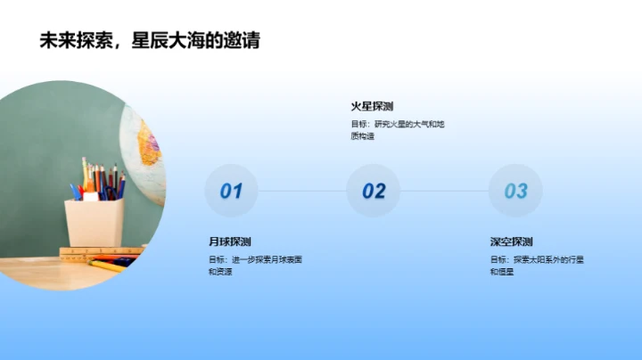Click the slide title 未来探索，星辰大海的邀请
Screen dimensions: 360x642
[x=150, y=40]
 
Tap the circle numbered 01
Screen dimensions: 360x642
[x=231, y=191]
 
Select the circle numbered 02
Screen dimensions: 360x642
[x=374, y=191]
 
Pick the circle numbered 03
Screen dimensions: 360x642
[x=515, y=191]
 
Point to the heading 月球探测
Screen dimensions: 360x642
[x=230, y=241]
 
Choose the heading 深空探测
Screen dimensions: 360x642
[x=512, y=241]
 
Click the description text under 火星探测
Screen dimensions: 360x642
[x=397, y=130]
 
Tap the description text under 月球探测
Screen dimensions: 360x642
[x=255, y=265]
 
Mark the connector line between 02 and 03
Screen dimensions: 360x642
[x=444, y=191]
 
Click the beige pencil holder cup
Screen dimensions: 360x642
[x=94, y=222]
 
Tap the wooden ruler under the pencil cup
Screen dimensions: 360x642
[x=98, y=251]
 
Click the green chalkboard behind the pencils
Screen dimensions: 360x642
[x=45, y=134]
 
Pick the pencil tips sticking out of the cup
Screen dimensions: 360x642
[x=96, y=174]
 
